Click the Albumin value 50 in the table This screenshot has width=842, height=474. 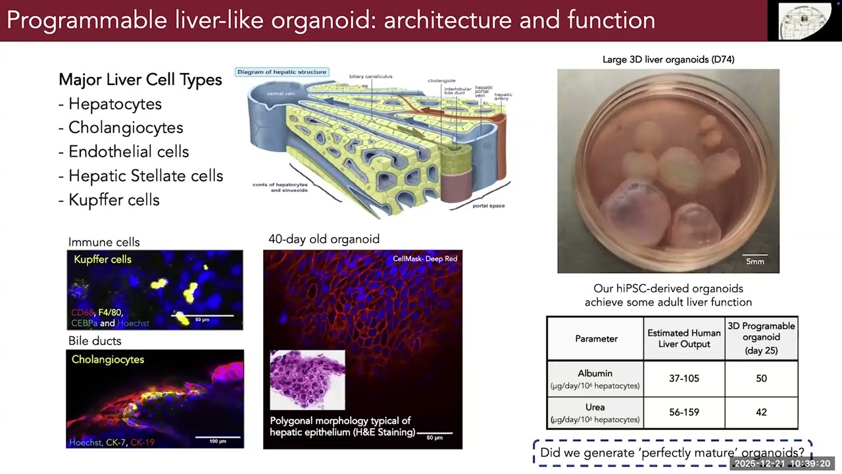[761, 379]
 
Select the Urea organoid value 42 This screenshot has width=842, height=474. [761, 412]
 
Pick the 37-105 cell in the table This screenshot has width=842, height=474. [683, 379]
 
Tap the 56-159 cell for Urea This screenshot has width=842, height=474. [683, 412]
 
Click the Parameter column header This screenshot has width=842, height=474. [596, 338]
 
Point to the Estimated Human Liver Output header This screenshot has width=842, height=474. [683, 338]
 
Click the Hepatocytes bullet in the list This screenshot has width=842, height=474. [114, 104]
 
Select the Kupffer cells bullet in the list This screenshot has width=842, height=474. [113, 200]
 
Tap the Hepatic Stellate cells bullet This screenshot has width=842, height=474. [145, 176]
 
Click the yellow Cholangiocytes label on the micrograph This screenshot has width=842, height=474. [108, 359]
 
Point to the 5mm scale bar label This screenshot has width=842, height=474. [755, 261]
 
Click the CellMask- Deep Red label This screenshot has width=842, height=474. [425, 259]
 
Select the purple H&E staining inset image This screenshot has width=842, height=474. [307, 380]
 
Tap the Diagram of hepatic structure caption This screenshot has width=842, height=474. [282, 72]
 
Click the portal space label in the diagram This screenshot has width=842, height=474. [488, 206]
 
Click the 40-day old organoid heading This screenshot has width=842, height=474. [324, 239]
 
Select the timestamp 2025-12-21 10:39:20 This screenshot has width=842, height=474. [782, 463]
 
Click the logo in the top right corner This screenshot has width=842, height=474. [805, 21]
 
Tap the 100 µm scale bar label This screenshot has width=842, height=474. [218, 440]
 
